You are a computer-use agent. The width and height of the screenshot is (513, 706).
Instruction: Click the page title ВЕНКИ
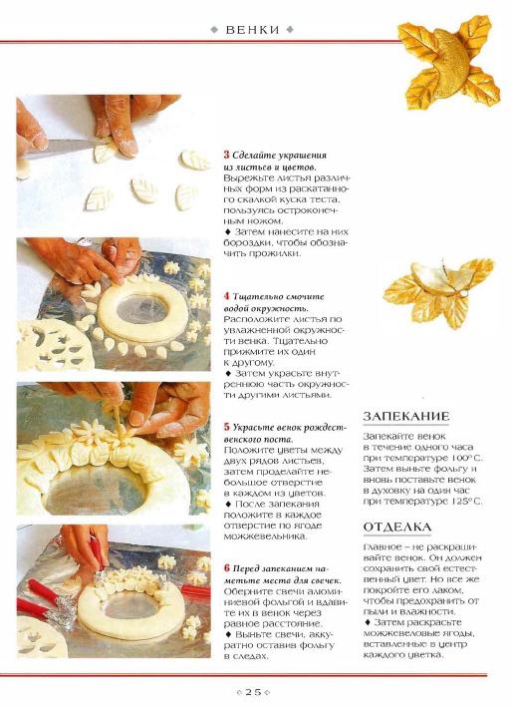pos(253,30)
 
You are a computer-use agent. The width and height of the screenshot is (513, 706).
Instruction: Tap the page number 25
pos(254,692)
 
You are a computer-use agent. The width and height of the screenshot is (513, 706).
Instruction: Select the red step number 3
pos(226,155)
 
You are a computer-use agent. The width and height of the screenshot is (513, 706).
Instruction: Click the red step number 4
pos(226,296)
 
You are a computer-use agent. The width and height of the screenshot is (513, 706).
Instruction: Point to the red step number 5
pos(226,427)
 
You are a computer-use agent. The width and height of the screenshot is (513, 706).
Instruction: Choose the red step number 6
pos(226,567)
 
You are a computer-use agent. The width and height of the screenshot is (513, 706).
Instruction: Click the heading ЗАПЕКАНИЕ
pos(406,416)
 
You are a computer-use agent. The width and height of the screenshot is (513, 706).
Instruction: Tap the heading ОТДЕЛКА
pos(397,527)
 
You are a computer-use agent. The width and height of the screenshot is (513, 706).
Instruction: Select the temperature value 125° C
pos(465,502)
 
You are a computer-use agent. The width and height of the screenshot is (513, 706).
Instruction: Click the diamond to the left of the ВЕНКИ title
pos(214,30)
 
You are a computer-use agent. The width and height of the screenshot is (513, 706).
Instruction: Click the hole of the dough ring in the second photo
pos(142,309)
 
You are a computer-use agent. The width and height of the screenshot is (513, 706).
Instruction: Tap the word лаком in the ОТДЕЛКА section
pos(446,590)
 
